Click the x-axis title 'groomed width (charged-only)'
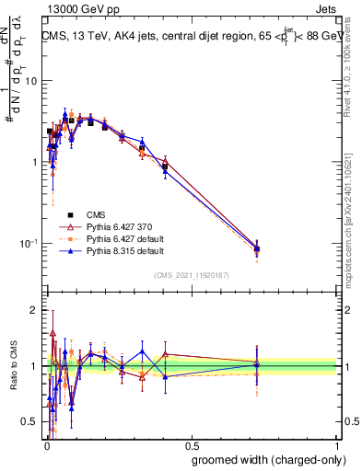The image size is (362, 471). tap(264, 459)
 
